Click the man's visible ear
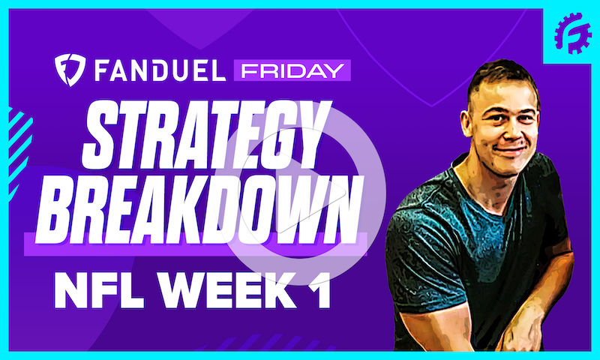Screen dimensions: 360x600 pyautogui.click(x=472, y=124)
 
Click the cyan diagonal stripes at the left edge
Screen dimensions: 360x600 pyautogui.click(x=18, y=142)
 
